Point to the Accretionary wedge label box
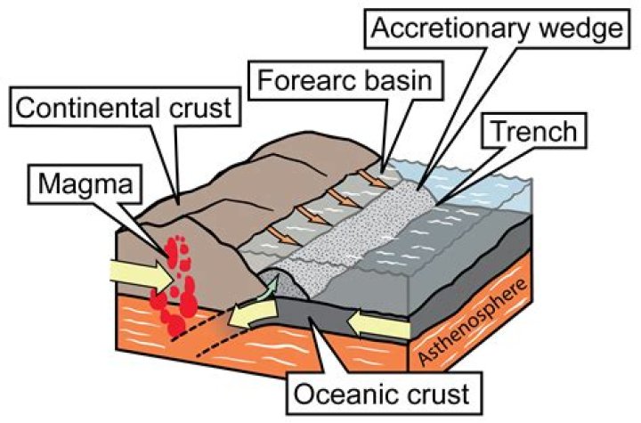pos(494,28)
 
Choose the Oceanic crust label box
pos(385,390)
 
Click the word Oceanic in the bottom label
pos(345,390)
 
